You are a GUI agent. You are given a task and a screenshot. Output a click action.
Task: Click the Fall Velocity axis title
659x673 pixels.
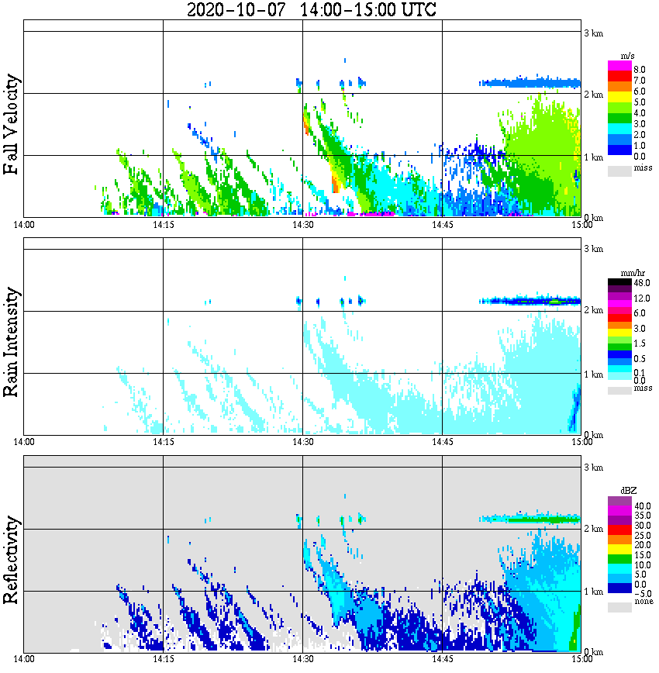click(12, 124)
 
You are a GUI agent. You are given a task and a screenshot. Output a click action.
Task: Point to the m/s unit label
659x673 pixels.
click(629, 55)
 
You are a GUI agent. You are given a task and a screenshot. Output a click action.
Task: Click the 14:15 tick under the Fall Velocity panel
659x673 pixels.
click(163, 225)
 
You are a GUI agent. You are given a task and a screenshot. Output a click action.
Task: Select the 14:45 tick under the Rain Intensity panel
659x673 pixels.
click(442, 442)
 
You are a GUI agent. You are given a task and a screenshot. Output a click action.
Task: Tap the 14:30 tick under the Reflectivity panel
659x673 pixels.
click(302, 659)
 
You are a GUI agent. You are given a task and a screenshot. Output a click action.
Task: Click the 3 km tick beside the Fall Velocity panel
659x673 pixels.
click(593, 33)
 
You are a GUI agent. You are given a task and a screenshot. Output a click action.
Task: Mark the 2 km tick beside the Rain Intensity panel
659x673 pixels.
click(593, 311)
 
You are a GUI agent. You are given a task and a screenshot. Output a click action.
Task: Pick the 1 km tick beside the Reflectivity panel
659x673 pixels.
click(593, 592)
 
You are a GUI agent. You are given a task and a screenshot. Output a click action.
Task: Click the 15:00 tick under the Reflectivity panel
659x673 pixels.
click(581, 659)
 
